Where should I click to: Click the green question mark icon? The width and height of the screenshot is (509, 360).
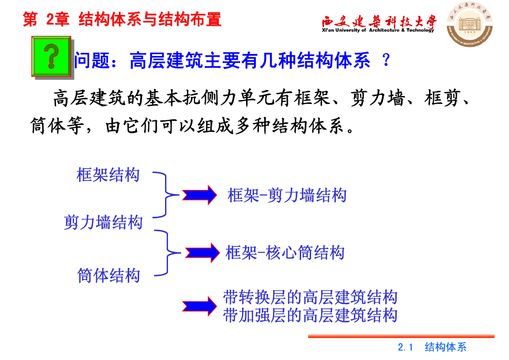[x=52, y=56]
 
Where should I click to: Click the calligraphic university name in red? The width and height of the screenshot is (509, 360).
[x=379, y=21]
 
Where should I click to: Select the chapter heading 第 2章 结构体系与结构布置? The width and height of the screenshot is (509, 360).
[x=122, y=19]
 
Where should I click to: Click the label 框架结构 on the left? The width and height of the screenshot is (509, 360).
[x=108, y=175]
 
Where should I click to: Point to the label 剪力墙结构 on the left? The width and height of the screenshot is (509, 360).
[x=103, y=222]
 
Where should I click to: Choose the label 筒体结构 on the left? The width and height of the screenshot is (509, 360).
[x=108, y=275]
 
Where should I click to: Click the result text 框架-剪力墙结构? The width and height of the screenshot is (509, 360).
[x=287, y=195]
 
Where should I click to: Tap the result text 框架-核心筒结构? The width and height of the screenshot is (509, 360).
[x=285, y=253]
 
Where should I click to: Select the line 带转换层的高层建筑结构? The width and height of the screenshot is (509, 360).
[x=310, y=297]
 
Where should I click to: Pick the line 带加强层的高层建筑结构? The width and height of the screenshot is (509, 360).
[x=310, y=315]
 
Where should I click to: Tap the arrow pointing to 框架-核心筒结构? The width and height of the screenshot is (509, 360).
[x=201, y=252]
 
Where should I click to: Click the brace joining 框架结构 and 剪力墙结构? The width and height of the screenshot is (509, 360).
[x=166, y=194]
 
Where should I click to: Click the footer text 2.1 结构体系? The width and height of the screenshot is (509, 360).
[x=432, y=347]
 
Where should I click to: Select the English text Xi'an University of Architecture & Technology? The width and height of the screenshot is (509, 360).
[x=378, y=30]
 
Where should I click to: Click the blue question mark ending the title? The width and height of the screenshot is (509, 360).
[x=386, y=61]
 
